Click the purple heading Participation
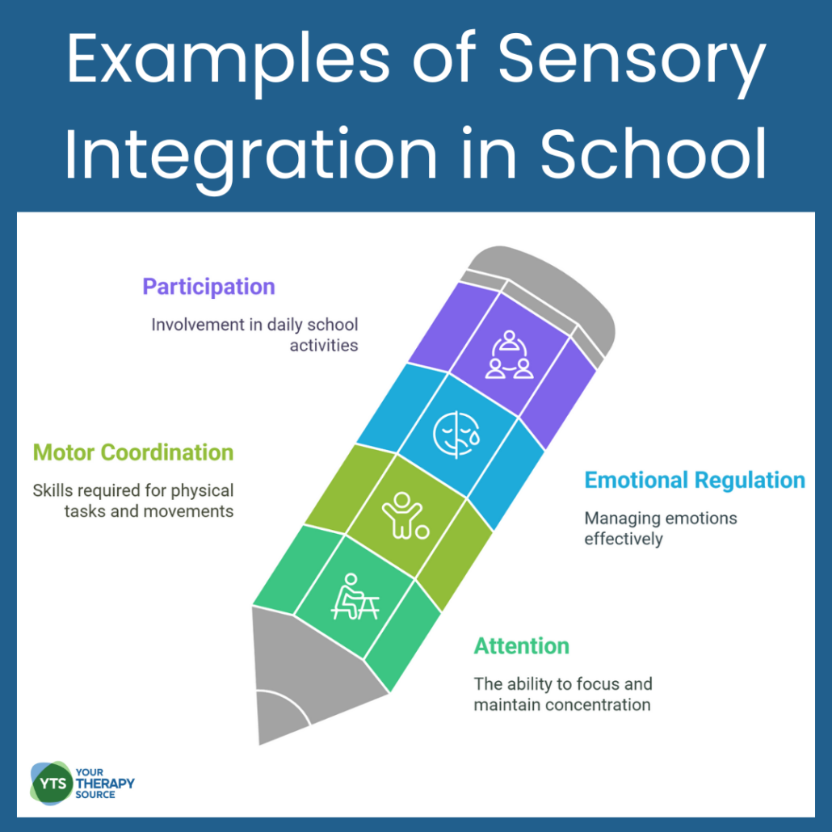208,287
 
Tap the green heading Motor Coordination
133,452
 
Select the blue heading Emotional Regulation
695,481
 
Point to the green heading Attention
521,646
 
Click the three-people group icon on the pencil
510,355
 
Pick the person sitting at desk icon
355,596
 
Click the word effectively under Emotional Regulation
624,539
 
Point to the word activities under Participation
324,346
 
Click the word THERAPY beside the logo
105,784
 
